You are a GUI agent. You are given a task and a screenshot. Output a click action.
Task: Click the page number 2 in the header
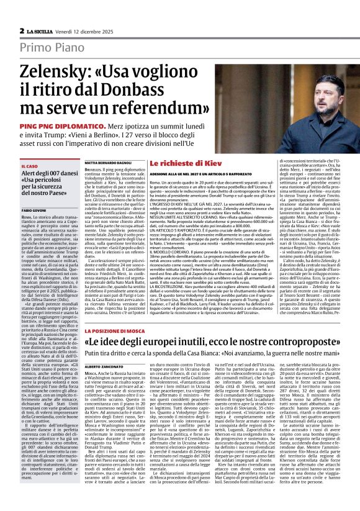point(22,30)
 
